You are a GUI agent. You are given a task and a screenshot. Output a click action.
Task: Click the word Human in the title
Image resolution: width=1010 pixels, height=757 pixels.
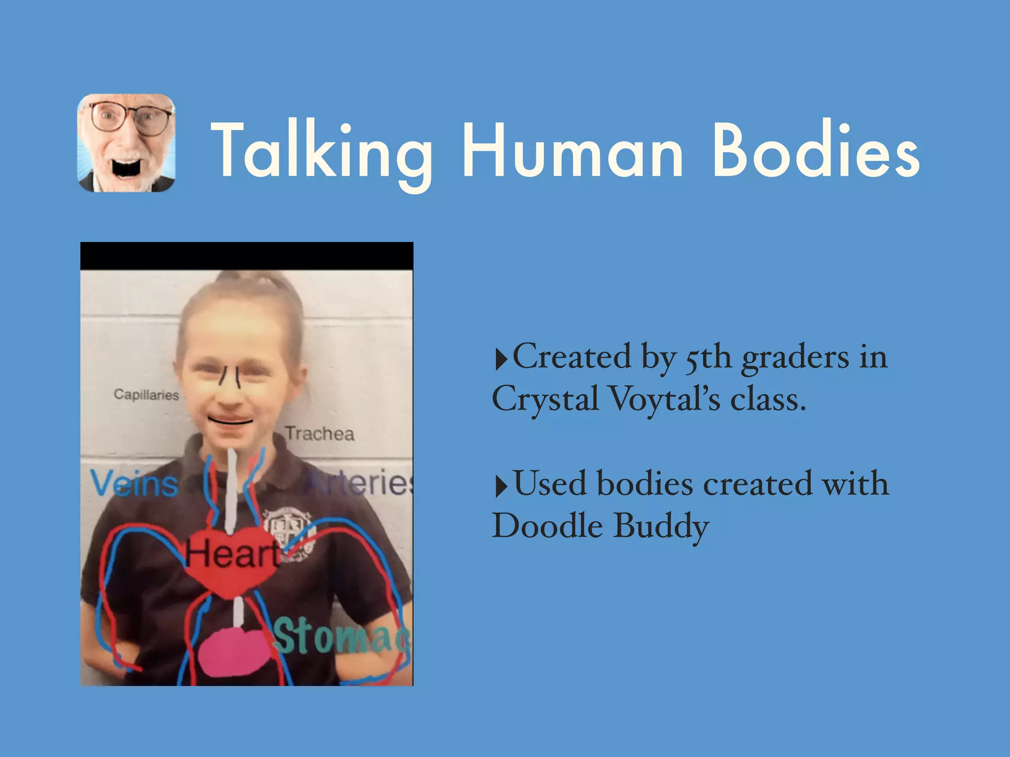tap(572, 150)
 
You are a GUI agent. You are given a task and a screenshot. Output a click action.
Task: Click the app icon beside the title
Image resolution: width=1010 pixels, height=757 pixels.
tap(126, 143)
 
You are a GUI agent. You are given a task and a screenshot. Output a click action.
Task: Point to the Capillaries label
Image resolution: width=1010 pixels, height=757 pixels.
tap(146, 394)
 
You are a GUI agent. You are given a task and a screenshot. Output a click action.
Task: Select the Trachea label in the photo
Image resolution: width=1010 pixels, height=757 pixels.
tap(320, 434)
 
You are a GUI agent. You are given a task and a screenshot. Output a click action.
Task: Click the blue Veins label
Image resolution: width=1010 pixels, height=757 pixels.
tap(134, 483)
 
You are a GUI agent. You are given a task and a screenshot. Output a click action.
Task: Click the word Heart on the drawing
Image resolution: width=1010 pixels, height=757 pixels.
tap(232, 553)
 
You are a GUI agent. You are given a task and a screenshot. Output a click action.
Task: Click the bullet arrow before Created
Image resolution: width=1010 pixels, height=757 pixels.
tap(501, 359)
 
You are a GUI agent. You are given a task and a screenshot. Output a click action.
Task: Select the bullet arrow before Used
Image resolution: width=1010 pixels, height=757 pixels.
tap(501, 486)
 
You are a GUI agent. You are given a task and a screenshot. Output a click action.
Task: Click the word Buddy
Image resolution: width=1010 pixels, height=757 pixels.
tap(661, 526)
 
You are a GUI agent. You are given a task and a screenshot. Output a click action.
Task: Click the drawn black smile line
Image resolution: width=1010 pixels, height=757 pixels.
tap(230, 421)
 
